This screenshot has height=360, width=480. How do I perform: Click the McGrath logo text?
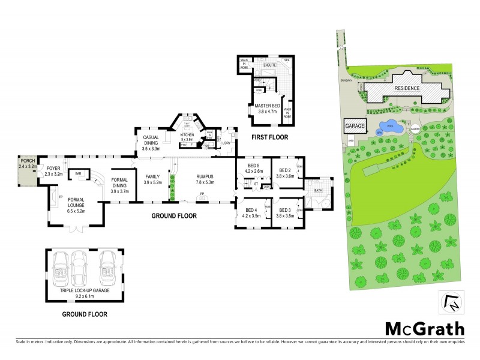point(424,328)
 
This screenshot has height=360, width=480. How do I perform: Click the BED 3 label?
point(284,210)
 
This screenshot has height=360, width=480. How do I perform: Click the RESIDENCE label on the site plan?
point(407,88)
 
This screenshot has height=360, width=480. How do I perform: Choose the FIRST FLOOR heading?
point(269,137)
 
